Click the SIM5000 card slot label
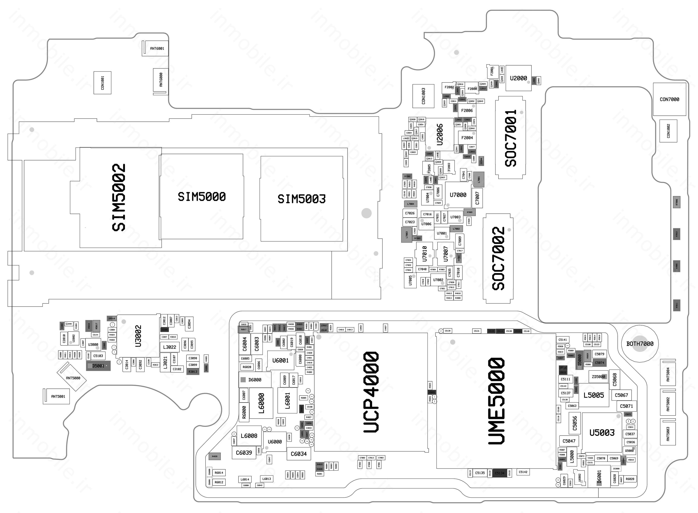click(202, 197)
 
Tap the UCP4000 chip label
click(371, 392)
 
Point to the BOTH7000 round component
click(640, 344)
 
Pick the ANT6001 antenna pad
click(157, 49)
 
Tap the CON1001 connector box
click(102, 83)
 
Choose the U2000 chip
click(518, 78)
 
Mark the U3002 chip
click(138, 336)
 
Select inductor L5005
click(593, 395)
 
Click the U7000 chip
click(458, 195)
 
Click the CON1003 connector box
click(423, 96)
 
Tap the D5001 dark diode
click(98, 366)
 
